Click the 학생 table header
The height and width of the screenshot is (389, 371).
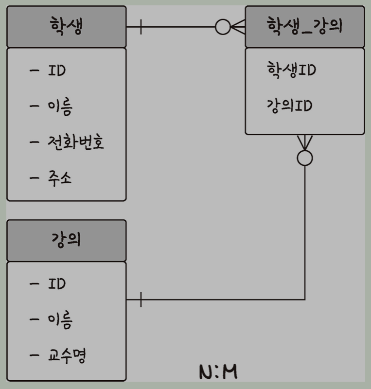point(66,27)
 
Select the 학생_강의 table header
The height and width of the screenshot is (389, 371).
point(304,27)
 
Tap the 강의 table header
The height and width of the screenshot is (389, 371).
point(66,240)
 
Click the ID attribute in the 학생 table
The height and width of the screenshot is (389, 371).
point(56,71)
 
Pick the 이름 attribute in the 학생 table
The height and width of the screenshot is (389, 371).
point(60,107)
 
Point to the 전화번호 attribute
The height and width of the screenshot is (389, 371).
point(76,142)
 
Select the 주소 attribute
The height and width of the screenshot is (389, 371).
point(60,178)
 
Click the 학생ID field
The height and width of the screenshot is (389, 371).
point(291,70)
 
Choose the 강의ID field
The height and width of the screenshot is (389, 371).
point(289,106)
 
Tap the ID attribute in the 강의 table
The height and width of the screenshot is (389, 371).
point(56,284)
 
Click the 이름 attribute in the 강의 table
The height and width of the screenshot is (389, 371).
point(60,320)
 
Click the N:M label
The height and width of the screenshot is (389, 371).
point(218,372)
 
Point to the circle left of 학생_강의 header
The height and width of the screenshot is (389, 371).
point(223,27)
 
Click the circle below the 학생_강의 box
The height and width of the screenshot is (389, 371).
point(305,158)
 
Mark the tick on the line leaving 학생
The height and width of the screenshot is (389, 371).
point(141,27)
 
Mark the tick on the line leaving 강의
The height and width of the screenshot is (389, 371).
point(141,300)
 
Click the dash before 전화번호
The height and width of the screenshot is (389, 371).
point(35,142)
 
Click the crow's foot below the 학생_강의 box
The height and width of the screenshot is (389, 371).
point(305,142)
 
